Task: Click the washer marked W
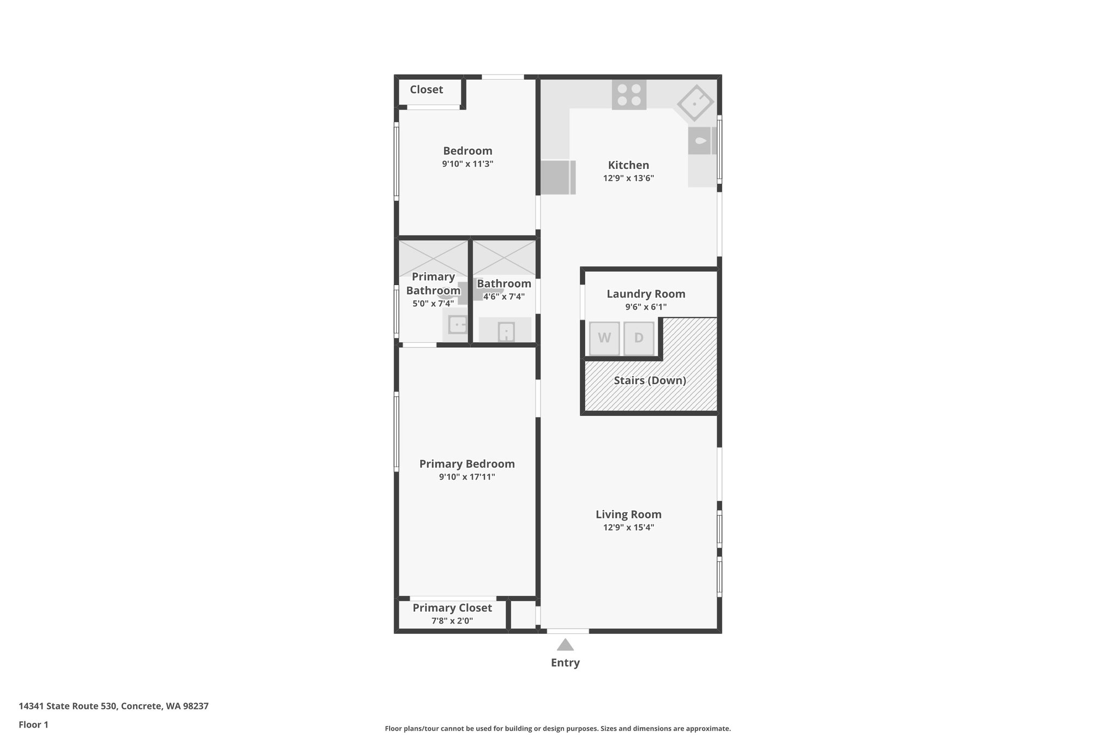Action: click(x=604, y=338)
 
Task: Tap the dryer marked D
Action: click(x=639, y=338)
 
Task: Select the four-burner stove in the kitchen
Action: click(x=629, y=95)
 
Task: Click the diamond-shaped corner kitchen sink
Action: click(x=695, y=102)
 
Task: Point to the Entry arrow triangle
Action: click(x=565, y=645)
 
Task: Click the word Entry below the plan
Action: click(x=565, y=663)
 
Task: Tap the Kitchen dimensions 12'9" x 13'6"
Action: click(x=628, y=178)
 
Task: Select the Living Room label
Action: click(x=628, y=514)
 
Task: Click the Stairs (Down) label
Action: click(x=650, y=380)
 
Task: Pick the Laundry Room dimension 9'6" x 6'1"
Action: click(x=646, y=307)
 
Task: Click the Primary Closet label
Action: click(x=452, y=608)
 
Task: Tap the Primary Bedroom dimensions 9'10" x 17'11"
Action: click(x=467, y=477)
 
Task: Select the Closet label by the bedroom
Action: click(x=426, y=89)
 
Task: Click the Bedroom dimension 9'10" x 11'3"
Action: click(x=468, y=164)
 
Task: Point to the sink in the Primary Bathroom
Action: click(x=457, y=325)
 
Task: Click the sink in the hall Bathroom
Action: click(x=506, y=331)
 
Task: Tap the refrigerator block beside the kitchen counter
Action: click(x=557, y=177)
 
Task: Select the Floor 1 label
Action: click(x=33, y=724)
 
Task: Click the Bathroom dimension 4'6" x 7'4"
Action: click(x=504, y=297)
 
